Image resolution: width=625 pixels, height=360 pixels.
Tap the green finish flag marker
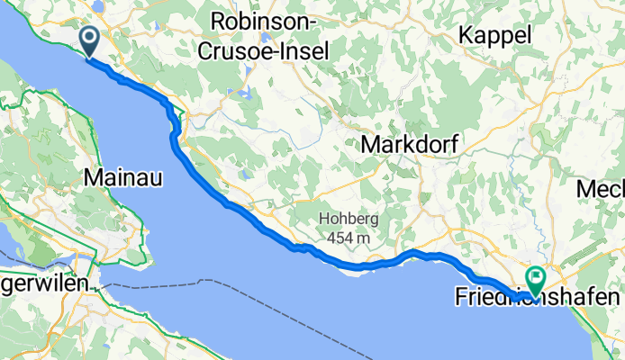536,281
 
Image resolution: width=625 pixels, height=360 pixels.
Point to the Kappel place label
494,35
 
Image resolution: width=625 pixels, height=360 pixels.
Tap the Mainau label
122,178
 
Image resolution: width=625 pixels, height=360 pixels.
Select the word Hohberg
349,220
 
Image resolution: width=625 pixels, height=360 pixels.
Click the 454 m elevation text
349,238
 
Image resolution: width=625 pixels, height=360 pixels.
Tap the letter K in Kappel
466,35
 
